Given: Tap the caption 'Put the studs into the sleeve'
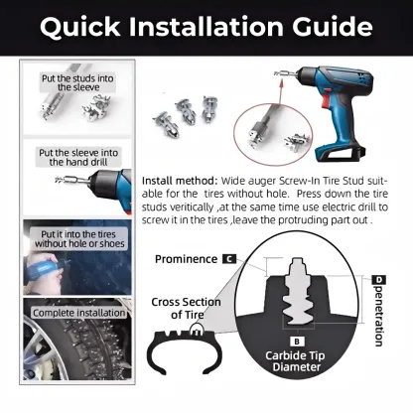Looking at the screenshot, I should point(76,82).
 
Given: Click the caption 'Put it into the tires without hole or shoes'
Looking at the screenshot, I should point(77,236).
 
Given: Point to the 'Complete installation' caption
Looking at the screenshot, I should point(78,313).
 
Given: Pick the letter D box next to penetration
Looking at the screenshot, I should point(377,281).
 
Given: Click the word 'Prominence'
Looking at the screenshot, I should point(186,259).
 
